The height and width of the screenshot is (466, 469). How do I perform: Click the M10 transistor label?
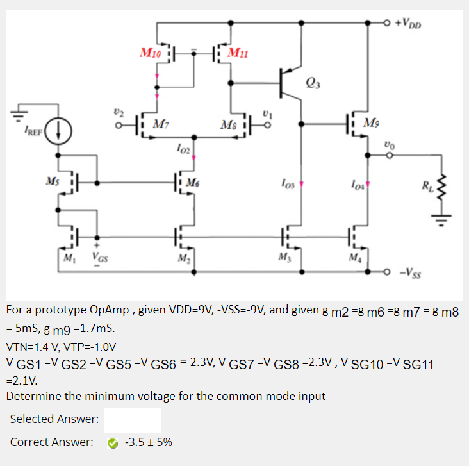pos(151,52)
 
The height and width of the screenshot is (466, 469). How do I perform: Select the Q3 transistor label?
pos(313,81)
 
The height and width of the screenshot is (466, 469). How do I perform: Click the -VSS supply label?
pos(410,272)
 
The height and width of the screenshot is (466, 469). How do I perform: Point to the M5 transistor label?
pos(51,177)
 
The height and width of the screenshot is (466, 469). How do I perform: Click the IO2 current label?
pos(183,149)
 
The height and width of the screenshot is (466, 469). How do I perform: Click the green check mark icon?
pos(113,442)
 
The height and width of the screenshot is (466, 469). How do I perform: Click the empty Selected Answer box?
pos(133,420)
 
